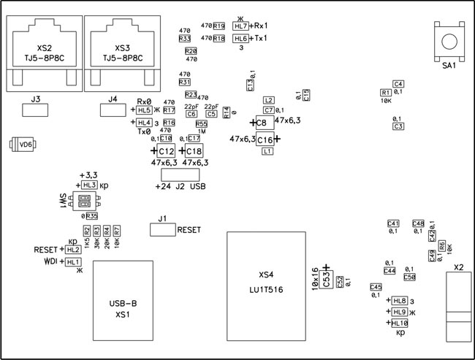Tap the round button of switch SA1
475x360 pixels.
coord(448,40)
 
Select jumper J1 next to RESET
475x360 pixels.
coord(162,230)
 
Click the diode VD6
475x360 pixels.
coord(24,145)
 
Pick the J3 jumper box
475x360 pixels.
coord(35,111)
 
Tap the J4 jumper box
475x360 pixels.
coord(112,110)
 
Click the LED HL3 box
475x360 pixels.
coord(89,186)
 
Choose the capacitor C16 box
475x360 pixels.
coord(265,139)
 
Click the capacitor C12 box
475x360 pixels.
coord(167,150)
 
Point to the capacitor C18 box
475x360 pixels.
coord(193,150)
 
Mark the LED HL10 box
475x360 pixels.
coord(400,323)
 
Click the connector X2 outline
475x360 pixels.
coord(458,306)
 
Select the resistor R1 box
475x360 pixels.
coord(385,93)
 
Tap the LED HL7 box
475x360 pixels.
coord(240,26)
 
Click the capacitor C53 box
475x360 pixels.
coord(326,278)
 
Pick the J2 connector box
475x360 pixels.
coord(180,175)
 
